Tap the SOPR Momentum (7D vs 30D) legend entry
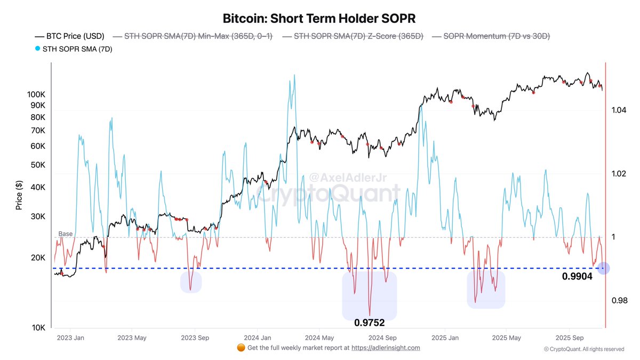coord(491,36)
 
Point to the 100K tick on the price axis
coord(37,94)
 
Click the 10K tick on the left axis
coord(38,327)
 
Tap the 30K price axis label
coord(38,217)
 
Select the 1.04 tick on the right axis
coord(619,110)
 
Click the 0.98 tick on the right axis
coord(619,301)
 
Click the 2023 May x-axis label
coord(132,338)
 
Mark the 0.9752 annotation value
coord(369,323)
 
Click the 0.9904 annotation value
coord(577,277)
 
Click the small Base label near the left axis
coord(65,234)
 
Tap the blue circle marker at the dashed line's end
coord(603,268)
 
